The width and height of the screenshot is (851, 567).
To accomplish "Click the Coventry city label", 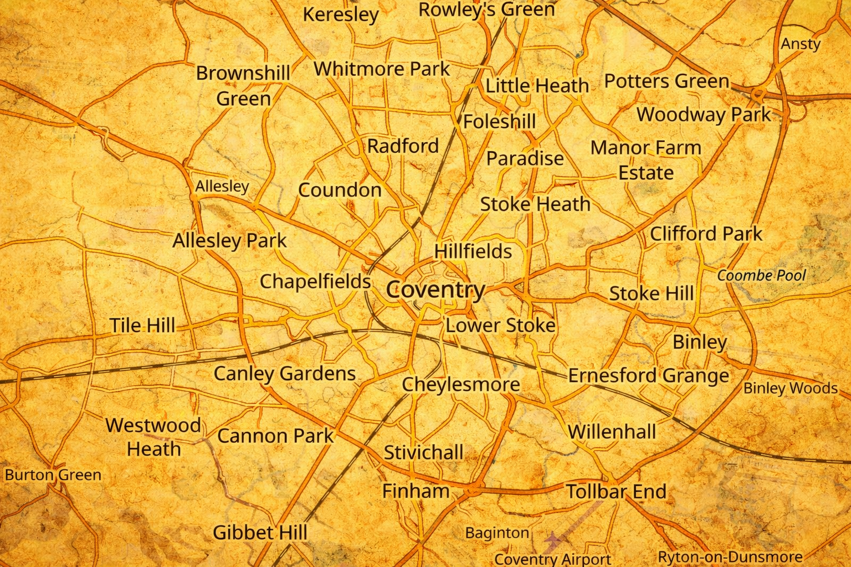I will (435, 290).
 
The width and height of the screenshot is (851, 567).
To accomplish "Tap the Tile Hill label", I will (142, 325).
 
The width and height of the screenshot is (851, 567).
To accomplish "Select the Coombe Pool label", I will (761, 275).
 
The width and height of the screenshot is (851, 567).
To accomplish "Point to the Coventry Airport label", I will (552, 559).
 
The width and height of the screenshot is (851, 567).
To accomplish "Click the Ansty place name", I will (800, 44).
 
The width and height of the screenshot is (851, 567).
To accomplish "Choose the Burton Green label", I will (53, 475).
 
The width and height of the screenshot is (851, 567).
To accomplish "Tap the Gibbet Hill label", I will (260, 533).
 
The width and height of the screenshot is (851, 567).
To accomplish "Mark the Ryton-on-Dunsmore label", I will (730, 556).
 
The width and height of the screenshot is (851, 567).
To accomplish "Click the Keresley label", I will (340, 14).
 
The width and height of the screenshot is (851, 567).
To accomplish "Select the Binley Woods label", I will (790, 388).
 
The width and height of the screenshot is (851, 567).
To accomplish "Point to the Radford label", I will (403, 146).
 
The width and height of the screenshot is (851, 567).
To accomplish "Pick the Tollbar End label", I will (616, 491).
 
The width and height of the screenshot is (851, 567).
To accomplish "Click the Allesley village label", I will (222, 186).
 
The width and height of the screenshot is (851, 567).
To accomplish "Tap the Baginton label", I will (497, 533).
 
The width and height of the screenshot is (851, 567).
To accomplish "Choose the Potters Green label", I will (667, 81).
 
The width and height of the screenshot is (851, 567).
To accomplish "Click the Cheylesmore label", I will (460, 384).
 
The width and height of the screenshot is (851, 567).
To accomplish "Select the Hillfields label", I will (473, 251).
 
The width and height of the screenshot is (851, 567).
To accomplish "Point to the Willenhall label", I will (612, 431).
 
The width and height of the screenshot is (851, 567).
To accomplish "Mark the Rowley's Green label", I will (486, 9).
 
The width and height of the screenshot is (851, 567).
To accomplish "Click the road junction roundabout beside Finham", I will (473, 489).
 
